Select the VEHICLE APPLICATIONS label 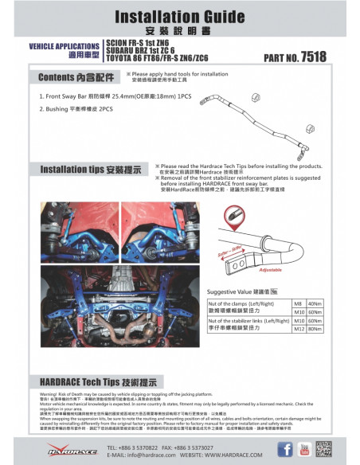tap(65, 47)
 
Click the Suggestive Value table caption tap(242, 292)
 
